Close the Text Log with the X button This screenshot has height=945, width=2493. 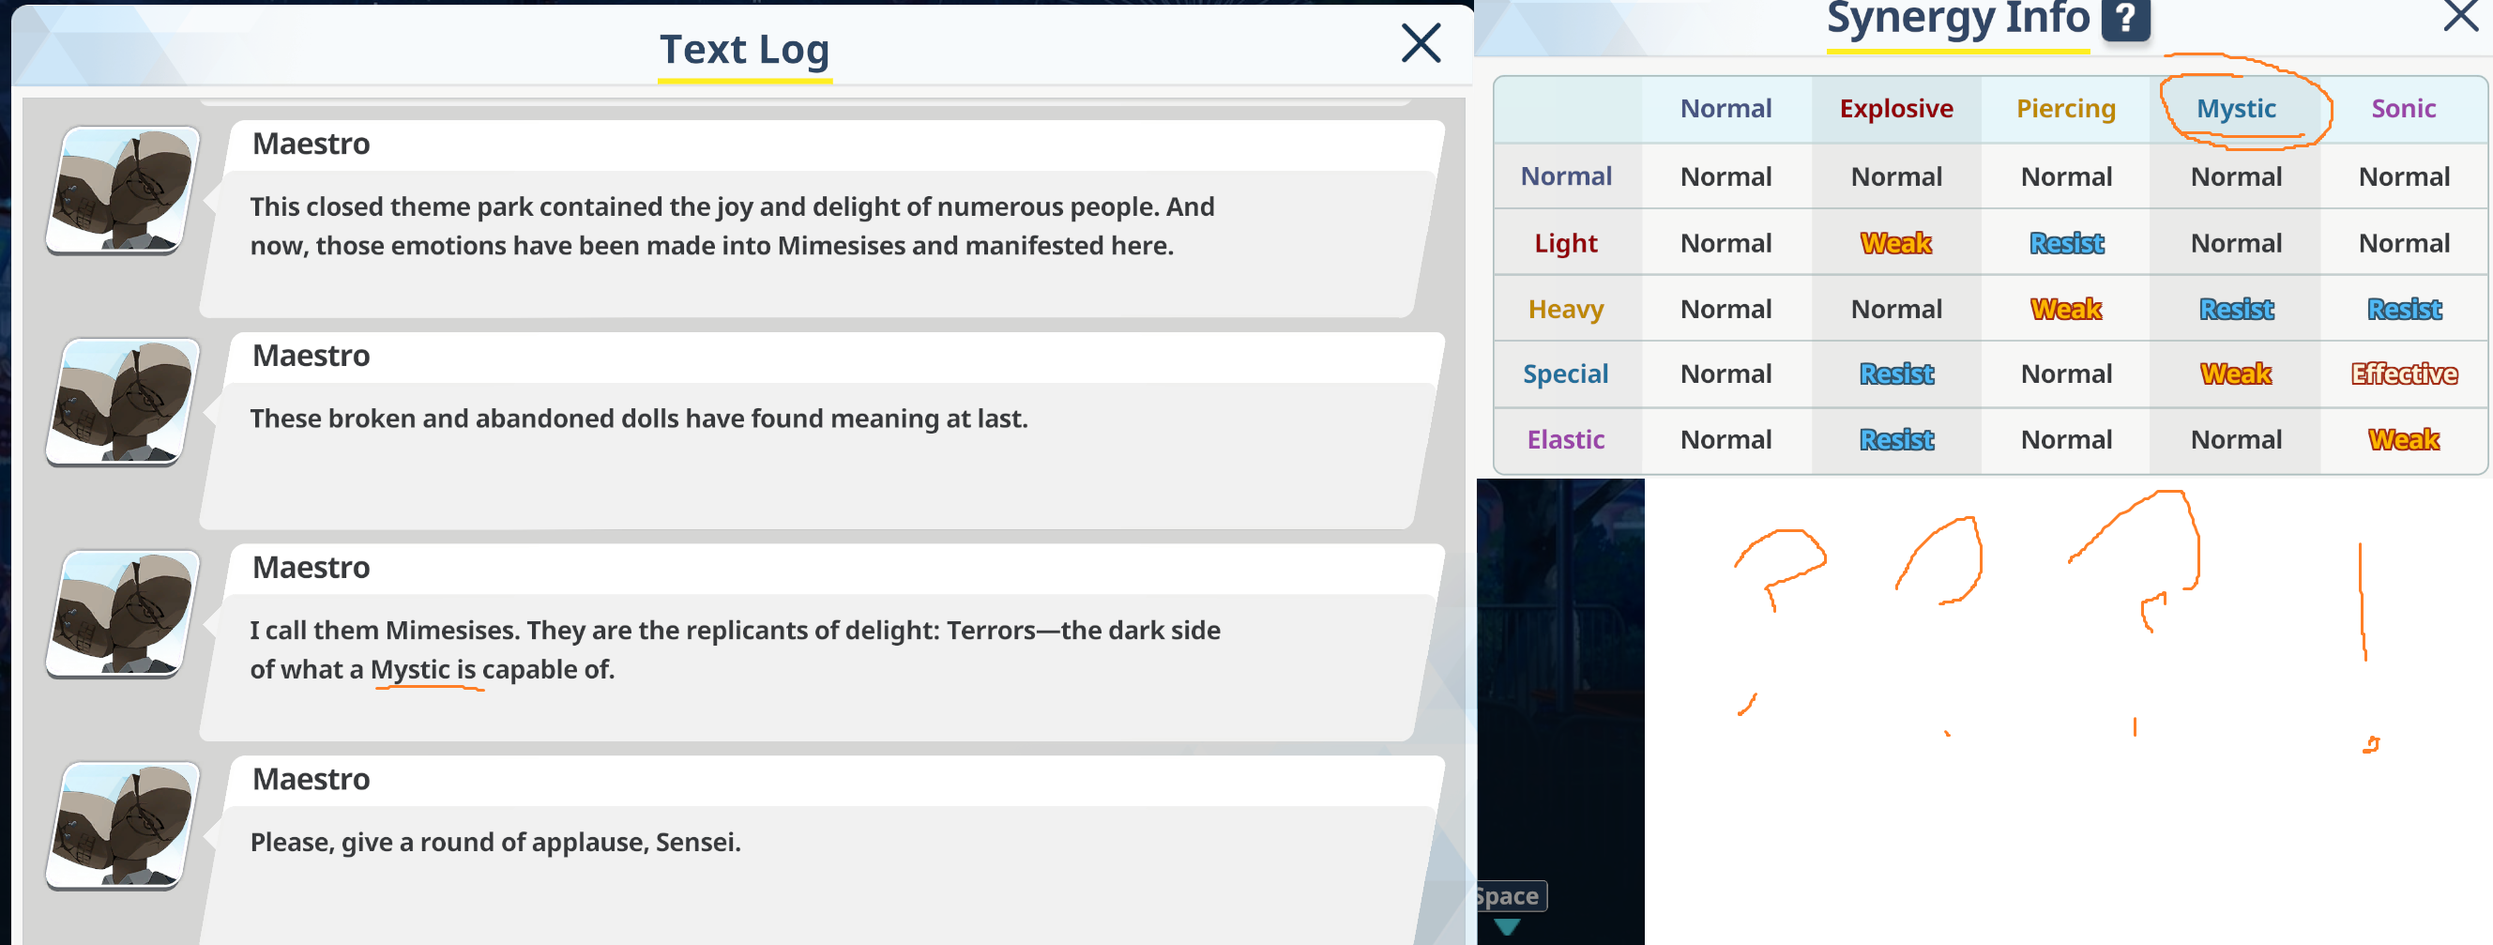point(1421,43)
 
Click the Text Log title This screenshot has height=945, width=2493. point(744,50)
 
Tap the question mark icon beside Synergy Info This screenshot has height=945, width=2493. point(2125,19)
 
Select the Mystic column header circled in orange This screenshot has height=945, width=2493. point(2236,109)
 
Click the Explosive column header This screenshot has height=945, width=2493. point(1896,109)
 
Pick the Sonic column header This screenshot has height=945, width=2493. point(2403,109)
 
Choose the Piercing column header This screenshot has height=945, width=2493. point(2065,110)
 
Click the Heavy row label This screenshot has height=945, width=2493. point(1566,310)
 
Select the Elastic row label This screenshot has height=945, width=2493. point(1566,439)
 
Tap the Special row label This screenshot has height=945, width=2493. point(1566,374)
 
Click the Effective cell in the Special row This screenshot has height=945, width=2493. point(2404,373)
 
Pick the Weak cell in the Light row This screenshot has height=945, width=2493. point(1896,243)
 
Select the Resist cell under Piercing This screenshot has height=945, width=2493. point(2066,243)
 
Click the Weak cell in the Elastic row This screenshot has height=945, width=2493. point(2404,439)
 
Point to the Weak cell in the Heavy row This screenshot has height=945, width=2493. point(2066,309)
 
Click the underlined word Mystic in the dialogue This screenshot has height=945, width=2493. point(410,669)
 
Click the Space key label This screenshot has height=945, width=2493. point(1510,895)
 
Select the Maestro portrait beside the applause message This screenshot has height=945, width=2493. point(123,825)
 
